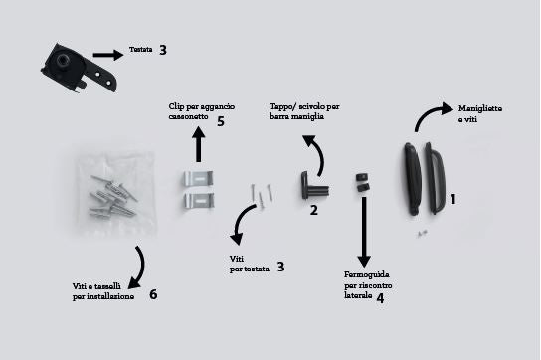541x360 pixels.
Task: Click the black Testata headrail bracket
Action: (78, 69)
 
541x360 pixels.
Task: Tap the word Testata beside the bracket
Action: (141, 50)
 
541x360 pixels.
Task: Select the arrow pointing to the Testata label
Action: (108, 55)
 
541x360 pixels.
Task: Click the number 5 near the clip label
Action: (221, 121)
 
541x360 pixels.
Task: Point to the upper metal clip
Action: (198, 178)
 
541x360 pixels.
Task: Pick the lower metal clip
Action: (198, 200)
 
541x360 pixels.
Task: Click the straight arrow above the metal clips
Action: (198, 144)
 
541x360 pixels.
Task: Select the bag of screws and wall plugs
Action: (114, 193)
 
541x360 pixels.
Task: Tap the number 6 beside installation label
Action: (153, 294)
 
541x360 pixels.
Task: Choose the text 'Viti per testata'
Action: (249, 264)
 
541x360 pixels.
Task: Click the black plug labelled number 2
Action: (314, 185)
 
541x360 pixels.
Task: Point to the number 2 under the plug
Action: (313, 210)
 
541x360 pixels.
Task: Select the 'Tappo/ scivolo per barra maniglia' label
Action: (304, 111)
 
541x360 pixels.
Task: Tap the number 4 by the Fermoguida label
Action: (380, 298)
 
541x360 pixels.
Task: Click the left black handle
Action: (413, 179)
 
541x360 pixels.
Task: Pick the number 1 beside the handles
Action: (453, 199)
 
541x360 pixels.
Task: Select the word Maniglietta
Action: (480, 108)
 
